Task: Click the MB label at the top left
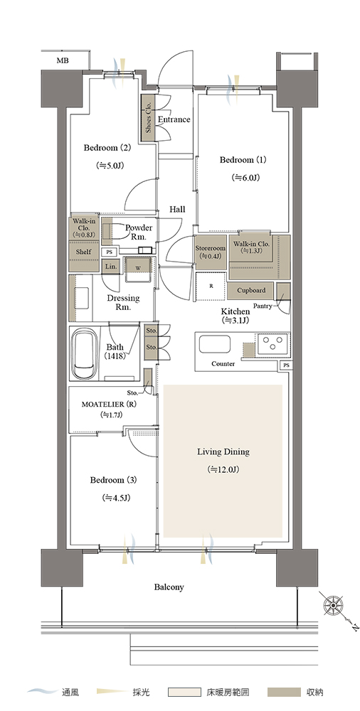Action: tap(63, 60)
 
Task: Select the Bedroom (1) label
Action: tap(243, 160)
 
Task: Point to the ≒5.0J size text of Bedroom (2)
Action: tap(110, 166)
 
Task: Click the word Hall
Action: tap(177, 210)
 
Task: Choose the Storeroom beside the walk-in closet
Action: tap(211, 252)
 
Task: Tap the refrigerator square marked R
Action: tap(211, 286)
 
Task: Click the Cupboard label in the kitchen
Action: tap(251, 290)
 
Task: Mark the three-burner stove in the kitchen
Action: tap(272, 343)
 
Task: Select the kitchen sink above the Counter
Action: tap(214, 343)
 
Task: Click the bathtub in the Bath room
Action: tap(83, 354)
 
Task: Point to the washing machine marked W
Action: tap(138, 267)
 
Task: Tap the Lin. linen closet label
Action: tap(111, 267)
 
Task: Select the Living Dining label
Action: tap(223, 451)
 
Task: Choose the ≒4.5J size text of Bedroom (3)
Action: tap(117, 498)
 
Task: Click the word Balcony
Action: tap(169, 587)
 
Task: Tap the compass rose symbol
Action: tap(333, 604)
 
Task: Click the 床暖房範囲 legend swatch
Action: tap(184, 693)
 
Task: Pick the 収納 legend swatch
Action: tap(284, 693)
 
